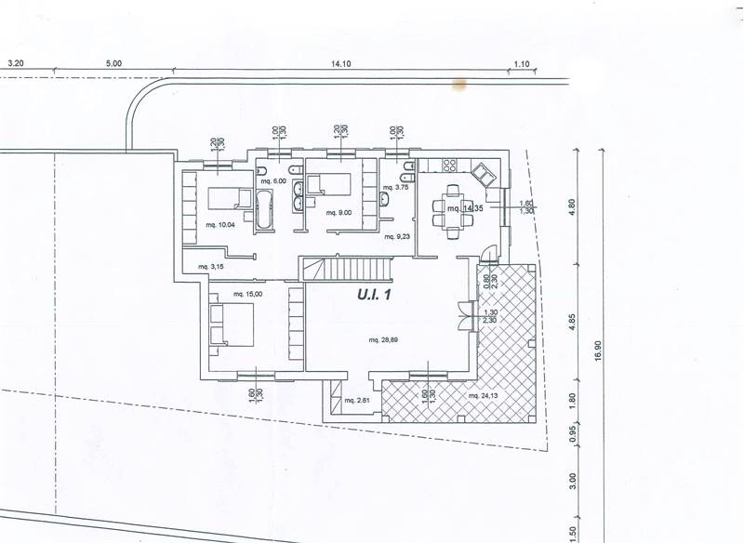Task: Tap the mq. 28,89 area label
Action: pyautogui.click(x=384, y=341)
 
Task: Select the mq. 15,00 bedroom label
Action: pyautogui.click(x=246, y=295)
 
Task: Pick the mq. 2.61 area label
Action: pyautogui.click(x=357, y=401)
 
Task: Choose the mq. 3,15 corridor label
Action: pyautogui.click(x=212, y=268)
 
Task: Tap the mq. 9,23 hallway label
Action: pyautogui.click(x=398, y=237)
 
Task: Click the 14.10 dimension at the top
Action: pyautogui.click(x=340, y=65)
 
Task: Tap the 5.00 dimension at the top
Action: pyautogui.click(x=113, y=65)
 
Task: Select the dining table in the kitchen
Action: pyautogui.click(x=453, y=209)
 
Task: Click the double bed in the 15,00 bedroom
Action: pyautogui.click(x=229, y=323)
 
